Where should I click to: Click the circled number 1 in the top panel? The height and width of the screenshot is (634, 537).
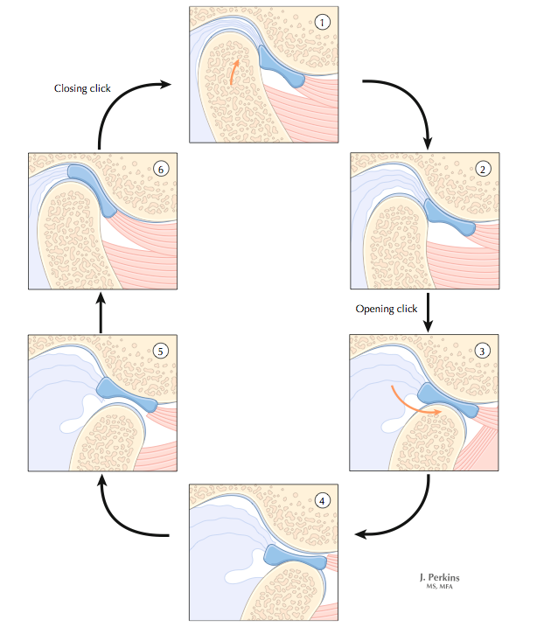point(324,22)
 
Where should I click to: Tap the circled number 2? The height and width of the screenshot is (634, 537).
point(484,169)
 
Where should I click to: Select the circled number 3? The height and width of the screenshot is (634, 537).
point(484,352)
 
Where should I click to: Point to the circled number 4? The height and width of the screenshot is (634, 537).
point(324,501)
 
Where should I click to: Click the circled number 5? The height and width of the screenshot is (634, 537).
point(160,352)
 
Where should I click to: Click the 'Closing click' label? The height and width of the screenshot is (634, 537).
point(82,88)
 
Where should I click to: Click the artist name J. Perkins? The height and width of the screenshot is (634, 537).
point(439,577)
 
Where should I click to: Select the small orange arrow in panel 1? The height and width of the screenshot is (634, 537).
point(234,72)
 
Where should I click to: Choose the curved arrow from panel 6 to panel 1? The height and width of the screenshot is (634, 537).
point(118,101)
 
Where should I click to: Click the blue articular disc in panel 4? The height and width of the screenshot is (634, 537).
point(293,556)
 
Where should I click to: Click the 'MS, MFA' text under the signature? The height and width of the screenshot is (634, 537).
point(439,588)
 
